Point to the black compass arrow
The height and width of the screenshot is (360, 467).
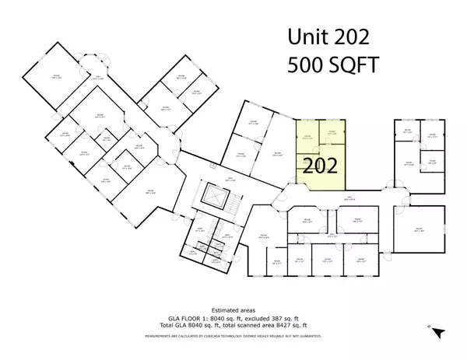coord(440,332)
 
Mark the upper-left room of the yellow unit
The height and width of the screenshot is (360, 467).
coord(307,138)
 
